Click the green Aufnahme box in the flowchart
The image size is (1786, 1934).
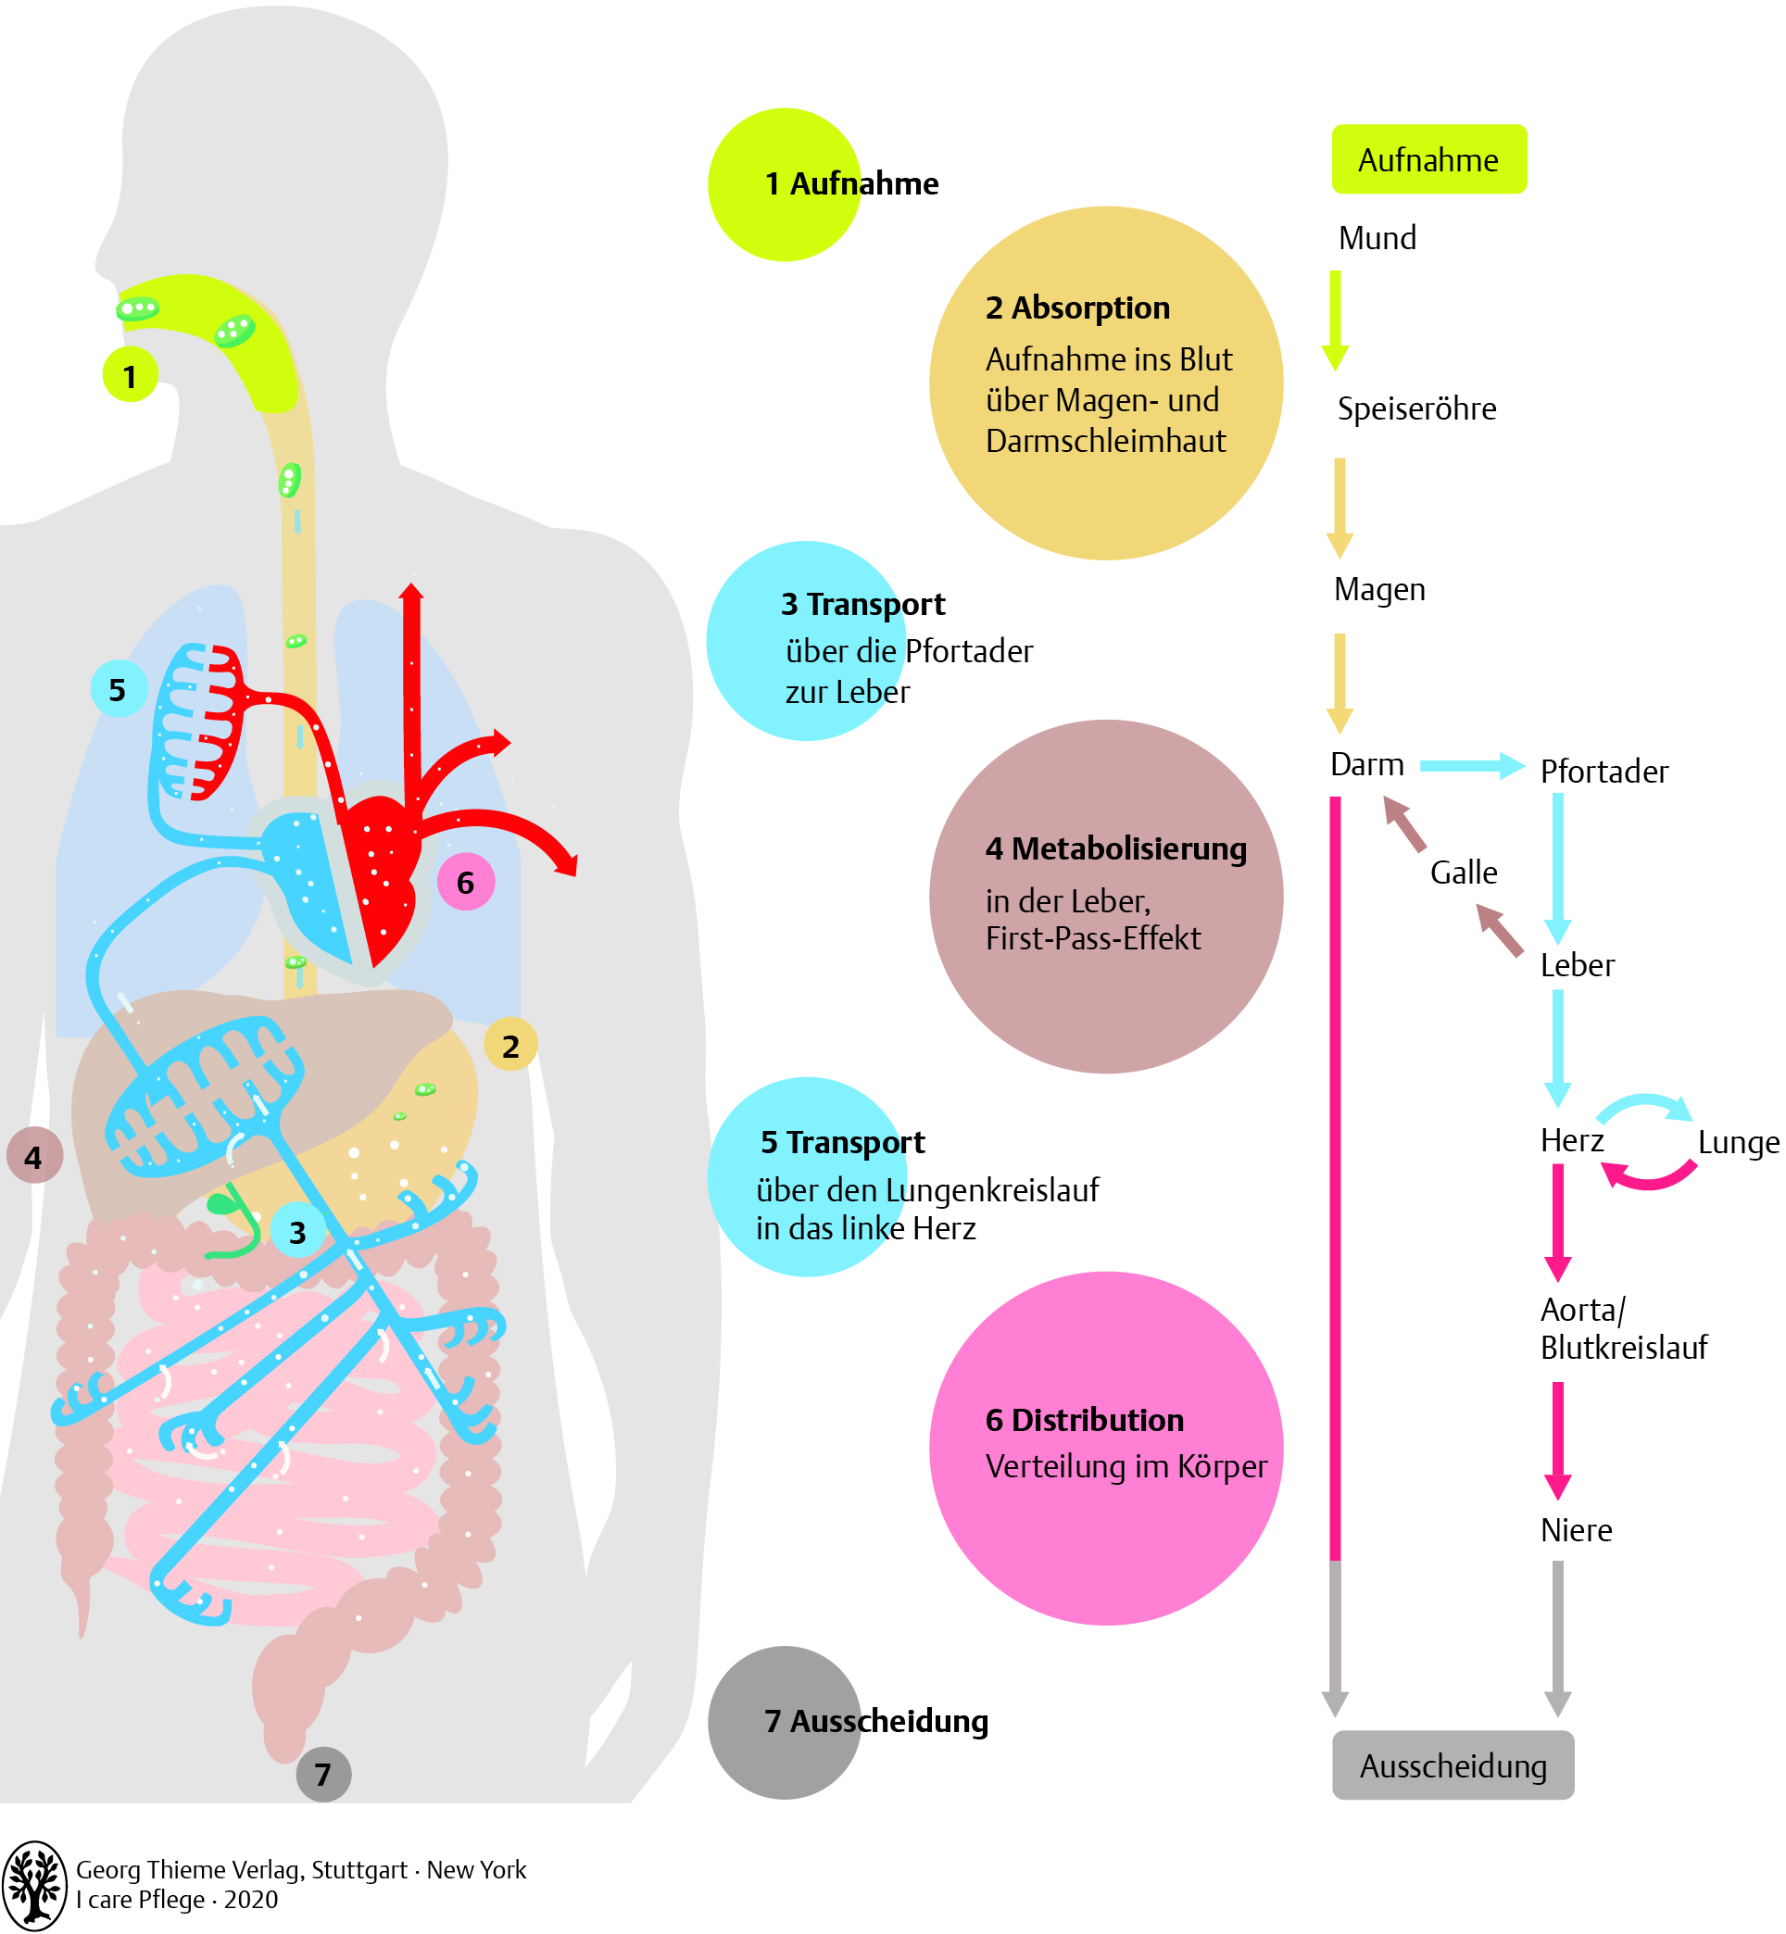tap(1428, 159)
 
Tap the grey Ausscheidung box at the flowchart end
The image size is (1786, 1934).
tap(1453, 1765)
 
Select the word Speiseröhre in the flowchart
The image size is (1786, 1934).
tap(1415, 408)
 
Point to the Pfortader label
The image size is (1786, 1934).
tap(1604, 772)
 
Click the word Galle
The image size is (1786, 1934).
tap(1464, 873)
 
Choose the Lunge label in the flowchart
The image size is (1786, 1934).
tap(1738, 1142)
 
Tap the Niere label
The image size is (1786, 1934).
tap(1576, 1530)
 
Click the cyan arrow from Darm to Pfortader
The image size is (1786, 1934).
tap(1471, 766)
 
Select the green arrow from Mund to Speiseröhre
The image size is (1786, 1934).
tap(1335, 320)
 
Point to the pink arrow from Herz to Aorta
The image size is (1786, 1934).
tap(1557, 1222)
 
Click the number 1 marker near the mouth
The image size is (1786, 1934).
tap(130, 376)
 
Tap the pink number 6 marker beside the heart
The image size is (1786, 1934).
tap(466, 883)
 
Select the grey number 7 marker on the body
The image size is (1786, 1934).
tap(322, 1774)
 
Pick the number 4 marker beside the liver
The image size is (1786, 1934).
tap(34, 1156)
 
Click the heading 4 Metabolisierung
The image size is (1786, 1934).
tap(1115, 848)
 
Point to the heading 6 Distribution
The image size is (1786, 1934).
tap(1085, 1420)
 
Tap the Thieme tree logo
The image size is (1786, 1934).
tap(35, 1885)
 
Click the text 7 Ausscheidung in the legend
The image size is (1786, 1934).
tap(875, 1720)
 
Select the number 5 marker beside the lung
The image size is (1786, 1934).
tap(118, 689)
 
